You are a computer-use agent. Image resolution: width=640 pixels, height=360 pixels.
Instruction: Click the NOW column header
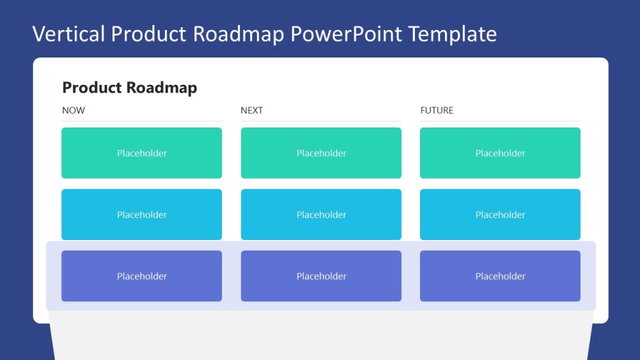(74, 111)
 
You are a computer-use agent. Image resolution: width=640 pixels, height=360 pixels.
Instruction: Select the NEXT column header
(252, 111)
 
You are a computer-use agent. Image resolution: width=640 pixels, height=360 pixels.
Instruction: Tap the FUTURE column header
(437, 111)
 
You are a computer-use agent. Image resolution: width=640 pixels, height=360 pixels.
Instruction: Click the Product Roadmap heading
(129, 87)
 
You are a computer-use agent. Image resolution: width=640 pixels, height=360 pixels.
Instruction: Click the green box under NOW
(142, 153)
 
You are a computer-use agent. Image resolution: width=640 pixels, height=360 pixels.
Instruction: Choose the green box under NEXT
(321, 153)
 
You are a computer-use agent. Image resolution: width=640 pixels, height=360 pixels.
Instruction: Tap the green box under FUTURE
(500, 153)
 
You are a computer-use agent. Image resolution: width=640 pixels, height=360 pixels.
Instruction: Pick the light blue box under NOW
(142, 214)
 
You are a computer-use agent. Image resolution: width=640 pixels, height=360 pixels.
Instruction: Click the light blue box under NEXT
(321, 214)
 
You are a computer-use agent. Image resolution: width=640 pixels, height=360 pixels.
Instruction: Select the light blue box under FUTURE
(500, 214)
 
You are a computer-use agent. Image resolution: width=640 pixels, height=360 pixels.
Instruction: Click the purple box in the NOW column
(142, 276)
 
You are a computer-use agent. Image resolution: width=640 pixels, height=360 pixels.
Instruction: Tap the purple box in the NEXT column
(321, 276)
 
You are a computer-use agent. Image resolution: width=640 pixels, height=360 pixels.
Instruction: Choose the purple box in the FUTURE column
(500, 276)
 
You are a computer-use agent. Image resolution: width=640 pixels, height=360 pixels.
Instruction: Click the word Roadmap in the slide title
(239, 34)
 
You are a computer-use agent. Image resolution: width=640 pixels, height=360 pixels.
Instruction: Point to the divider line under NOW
(142, 121)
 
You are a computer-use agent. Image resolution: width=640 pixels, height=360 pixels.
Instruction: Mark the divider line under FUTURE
(500, 121)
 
